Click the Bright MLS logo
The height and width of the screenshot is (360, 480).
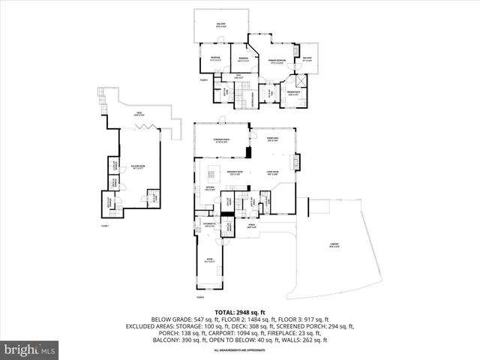click(x=30, y=349)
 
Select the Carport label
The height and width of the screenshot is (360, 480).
click(x=334, y=244)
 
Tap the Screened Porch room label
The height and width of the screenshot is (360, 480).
click(x=221, y=141)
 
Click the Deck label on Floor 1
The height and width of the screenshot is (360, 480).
click(x=139, y=115)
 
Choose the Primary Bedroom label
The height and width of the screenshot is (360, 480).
click(x=276, y=62)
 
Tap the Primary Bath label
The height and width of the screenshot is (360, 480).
click(x=293, y=94)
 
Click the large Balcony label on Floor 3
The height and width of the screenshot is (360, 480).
click(x=221, y=25)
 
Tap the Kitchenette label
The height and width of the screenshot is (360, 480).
click(x=210, y=225)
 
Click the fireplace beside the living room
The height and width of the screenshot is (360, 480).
click(x=298, y=162)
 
